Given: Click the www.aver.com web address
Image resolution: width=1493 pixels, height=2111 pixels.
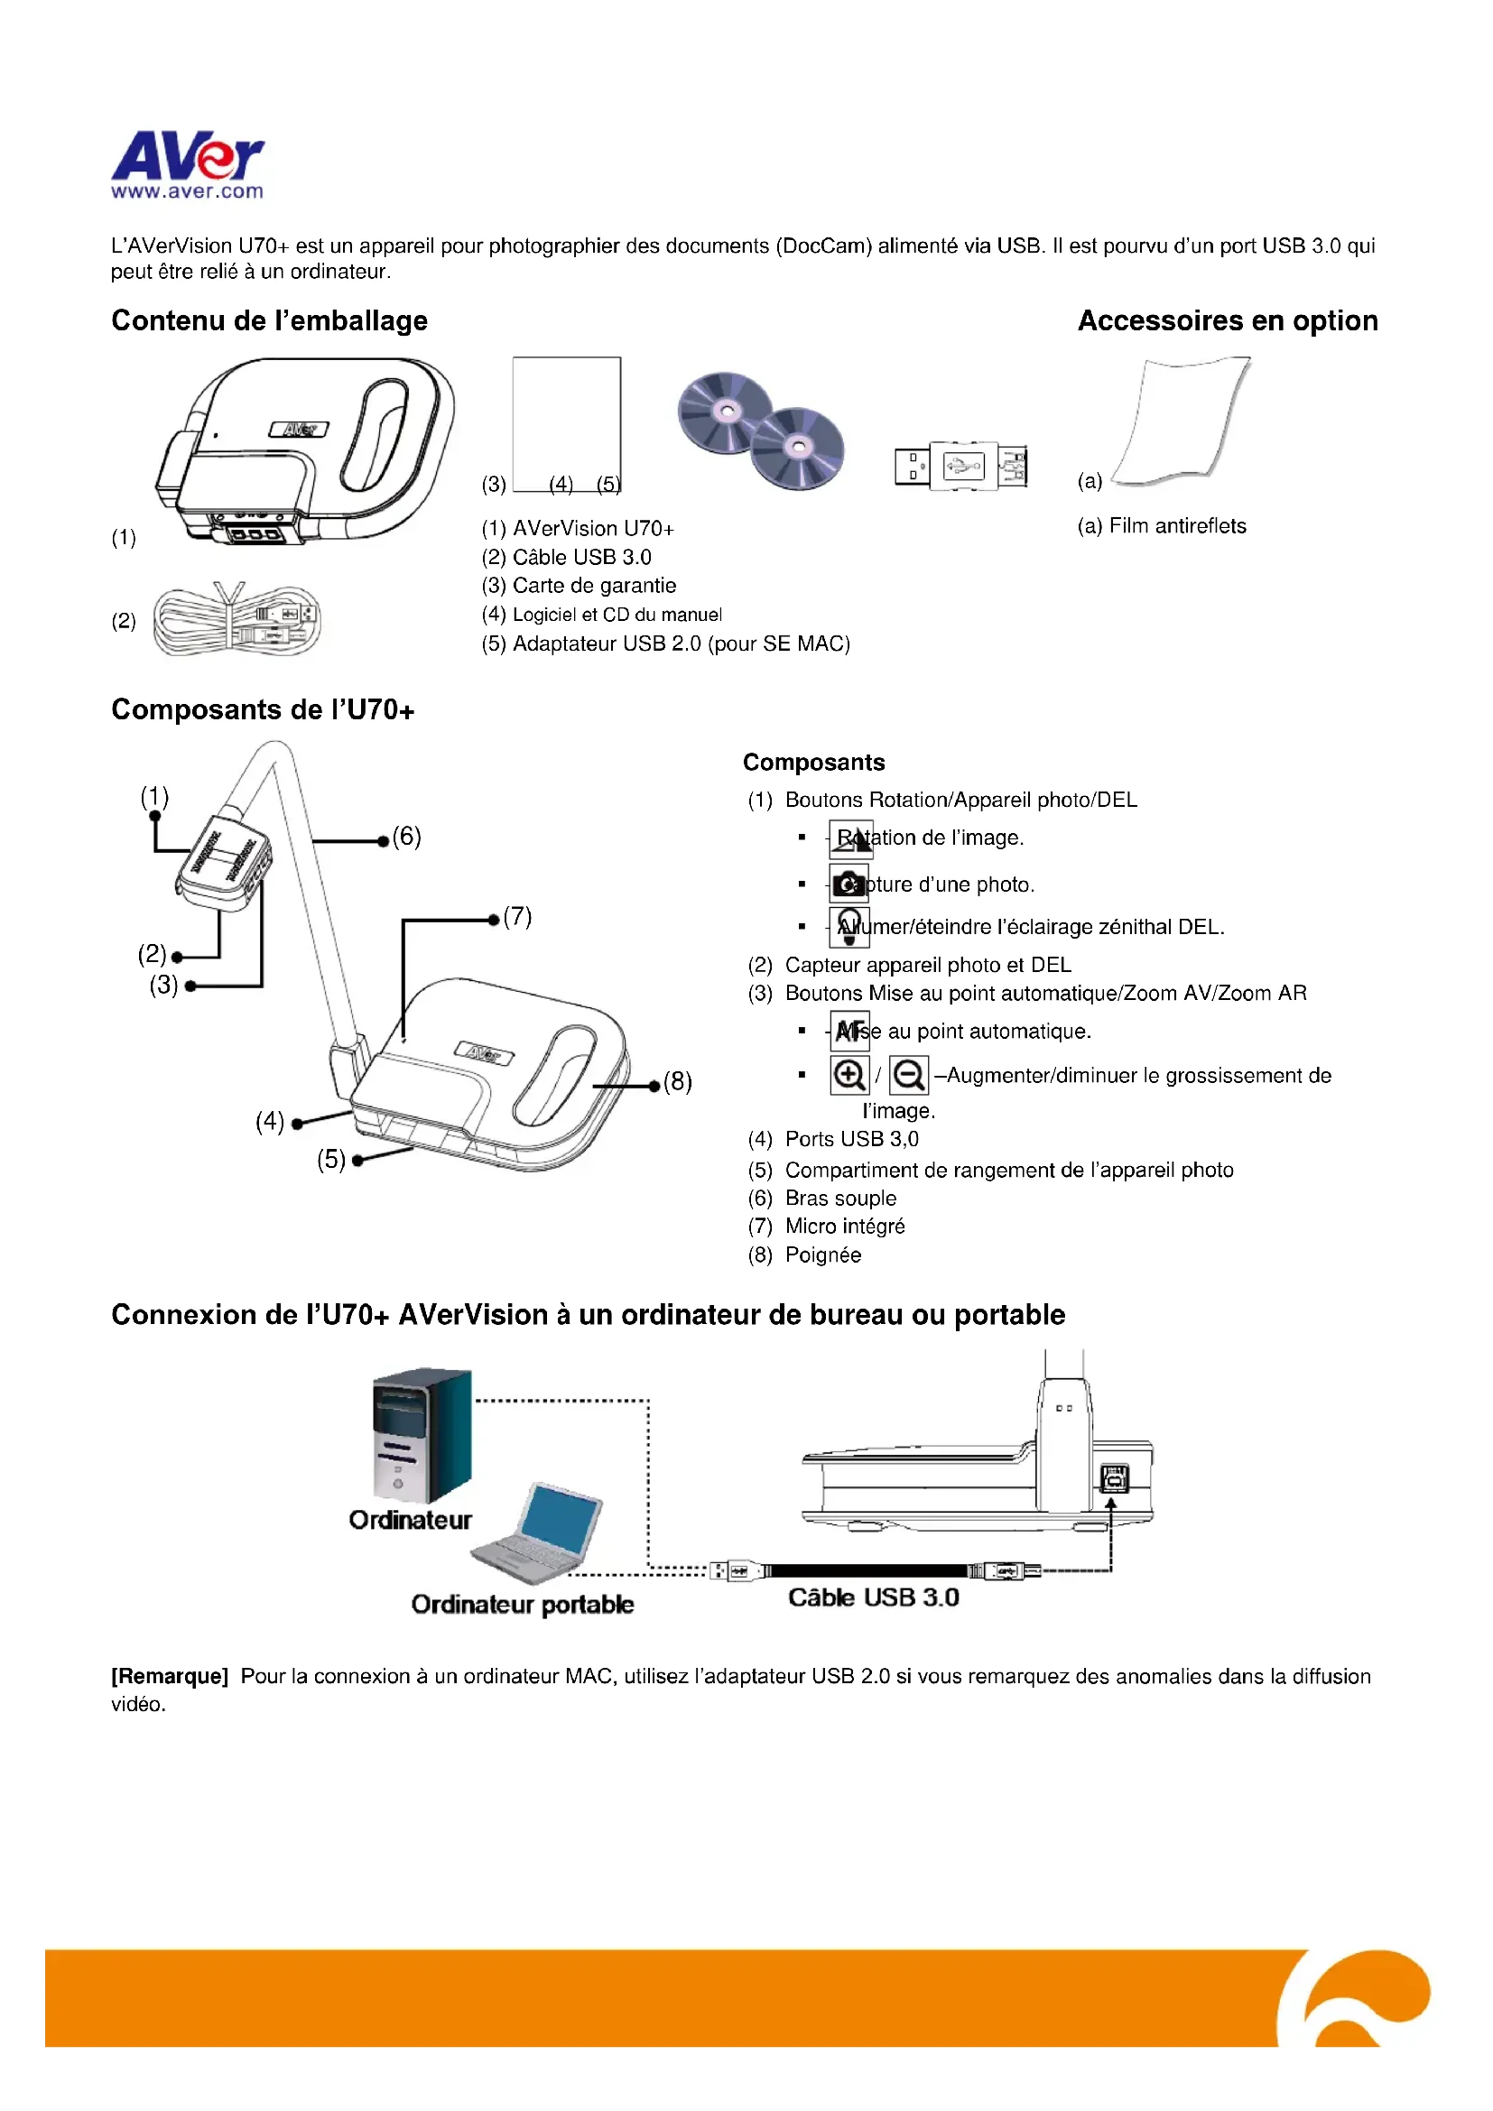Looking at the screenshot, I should [188, 192].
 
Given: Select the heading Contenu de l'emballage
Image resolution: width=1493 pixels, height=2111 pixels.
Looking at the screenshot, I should [269, 321].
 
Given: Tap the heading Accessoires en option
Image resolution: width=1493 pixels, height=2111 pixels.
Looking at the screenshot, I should [1228, 321].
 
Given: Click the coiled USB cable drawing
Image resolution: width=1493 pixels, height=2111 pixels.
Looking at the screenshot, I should [237, 621].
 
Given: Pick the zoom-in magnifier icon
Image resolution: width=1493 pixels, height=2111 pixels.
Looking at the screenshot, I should [849, 1075].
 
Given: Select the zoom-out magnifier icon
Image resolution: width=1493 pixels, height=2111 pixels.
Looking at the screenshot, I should [908, 1075].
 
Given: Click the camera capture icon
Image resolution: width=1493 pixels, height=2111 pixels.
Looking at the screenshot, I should [849, 884].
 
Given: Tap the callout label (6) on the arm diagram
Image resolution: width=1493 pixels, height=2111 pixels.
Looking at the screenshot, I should [406, 837].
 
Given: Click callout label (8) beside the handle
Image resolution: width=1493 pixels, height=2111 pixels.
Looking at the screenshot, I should [678, 1081].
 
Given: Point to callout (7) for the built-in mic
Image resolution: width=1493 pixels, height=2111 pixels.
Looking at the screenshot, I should [517, 917].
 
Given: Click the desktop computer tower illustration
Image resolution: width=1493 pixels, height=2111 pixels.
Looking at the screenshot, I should [422, 1436].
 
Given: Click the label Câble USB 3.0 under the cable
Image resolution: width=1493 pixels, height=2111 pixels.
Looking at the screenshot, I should [874, 1598].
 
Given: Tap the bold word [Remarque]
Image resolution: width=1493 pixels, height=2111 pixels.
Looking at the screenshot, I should [169, 1676].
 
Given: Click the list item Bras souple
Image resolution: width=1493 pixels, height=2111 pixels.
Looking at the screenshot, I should [840, 1198].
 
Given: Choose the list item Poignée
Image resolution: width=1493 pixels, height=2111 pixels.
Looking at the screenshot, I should [823, 1255].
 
